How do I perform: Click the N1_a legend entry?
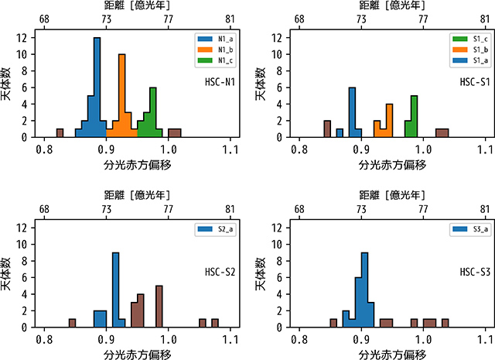[x=216, y=39]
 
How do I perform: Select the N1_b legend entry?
[x=216, y=50]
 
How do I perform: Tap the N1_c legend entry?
[x=216, y=60]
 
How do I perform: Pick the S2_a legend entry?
[x=217, y=229]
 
